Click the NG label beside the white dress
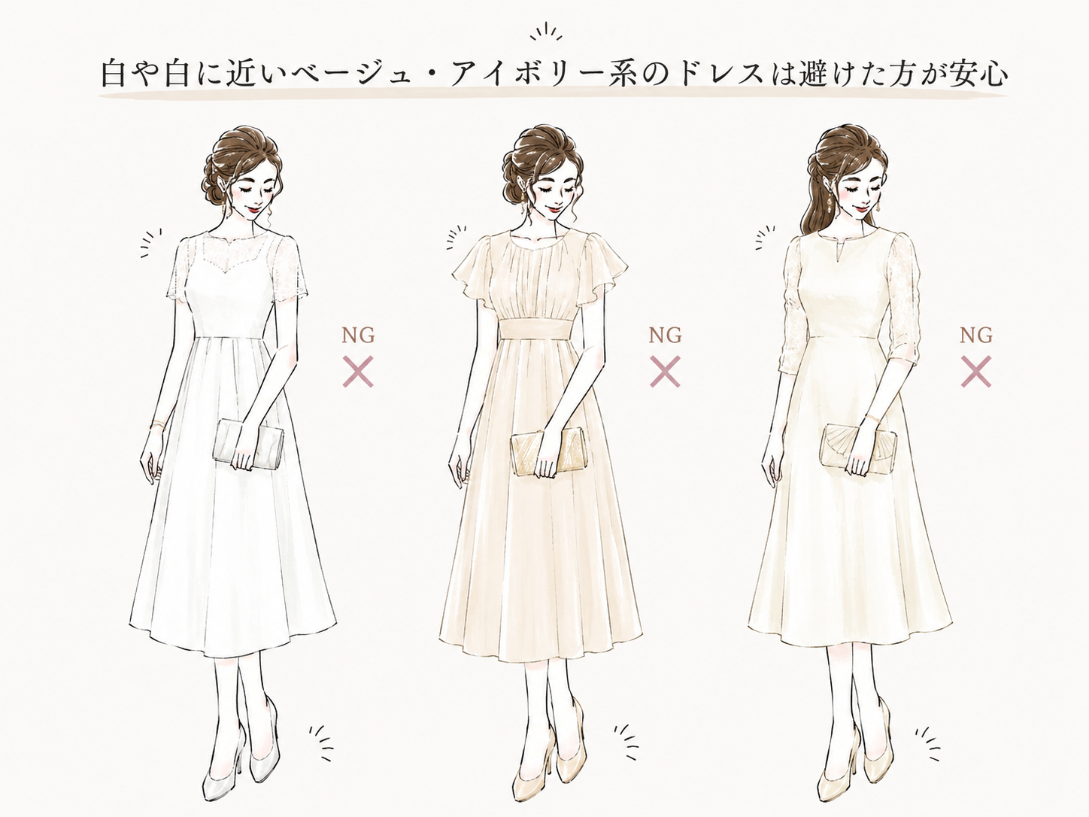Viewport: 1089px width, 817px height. click(358, 336)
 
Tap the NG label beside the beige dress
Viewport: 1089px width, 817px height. click(666, 336)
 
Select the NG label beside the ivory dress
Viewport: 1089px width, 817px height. click(976, 336)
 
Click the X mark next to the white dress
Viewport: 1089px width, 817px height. click(358, 371)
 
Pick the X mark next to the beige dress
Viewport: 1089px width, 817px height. click(665, 371)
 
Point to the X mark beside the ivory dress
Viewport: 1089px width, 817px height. click(976, 371)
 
